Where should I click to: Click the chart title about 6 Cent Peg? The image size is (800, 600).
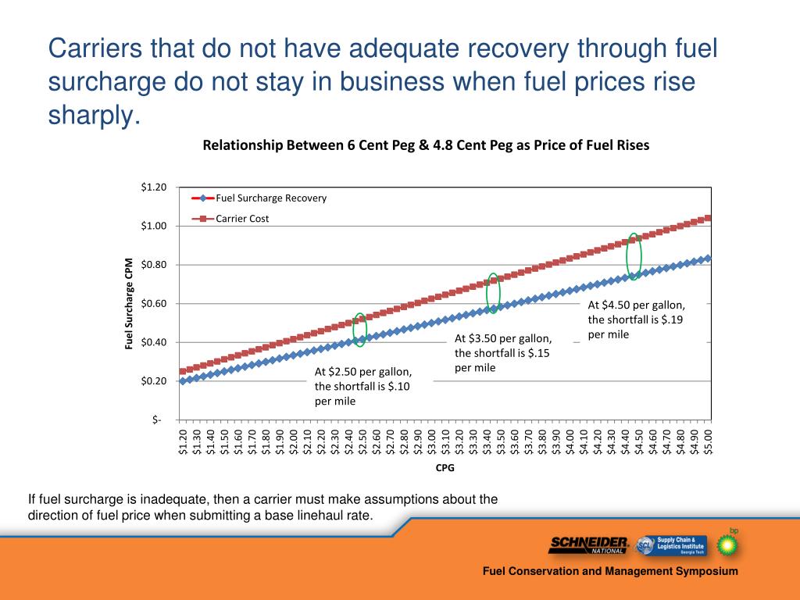pyautogui.click(x=426, y=145)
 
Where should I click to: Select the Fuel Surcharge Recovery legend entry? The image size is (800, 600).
pyautogui.click(x=270, y=198)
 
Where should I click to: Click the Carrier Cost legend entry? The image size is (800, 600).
pyautogui.click(x=242, y=219)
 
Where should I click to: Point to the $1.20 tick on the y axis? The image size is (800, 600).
pyautogui.click(x=154, y=187)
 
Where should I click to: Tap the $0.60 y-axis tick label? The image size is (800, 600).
pyautogui.click(x=154, y=303)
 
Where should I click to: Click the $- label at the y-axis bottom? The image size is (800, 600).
pyautogui.click(x=159, y=420)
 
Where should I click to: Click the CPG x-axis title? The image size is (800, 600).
pyautogui.click(x=445, y=469)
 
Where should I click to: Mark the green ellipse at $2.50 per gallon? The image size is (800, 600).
pyautogui.click(x=360, y=329)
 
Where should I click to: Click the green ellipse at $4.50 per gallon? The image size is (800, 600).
pyautogui.click(x=634, y=255)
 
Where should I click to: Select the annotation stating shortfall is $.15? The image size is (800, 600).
pyautogui.click(x=503, y=353)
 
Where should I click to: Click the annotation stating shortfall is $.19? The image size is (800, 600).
pyautogui.click(x=636, y=320)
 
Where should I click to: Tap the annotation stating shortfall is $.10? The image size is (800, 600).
pyautogui.click(x=362, y=386)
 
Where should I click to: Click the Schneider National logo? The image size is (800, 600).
pyautogui.click(x=589, y=545)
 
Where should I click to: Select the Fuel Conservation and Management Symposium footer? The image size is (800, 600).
pyautogui.click(x=609, y=572)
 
